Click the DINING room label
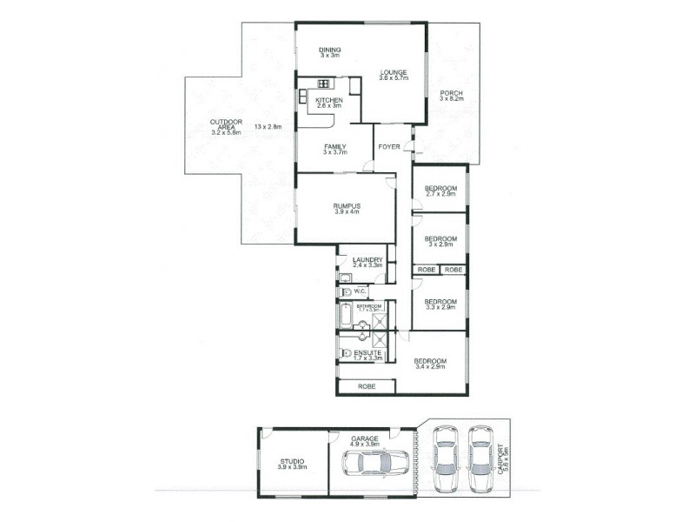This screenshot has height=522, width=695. tap(329, 50)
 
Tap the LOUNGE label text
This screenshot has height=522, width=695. tap(394, 74)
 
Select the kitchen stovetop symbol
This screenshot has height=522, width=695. tap(323, 84)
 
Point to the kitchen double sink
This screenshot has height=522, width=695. tap(354, 85)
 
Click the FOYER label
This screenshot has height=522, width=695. tap(389, 147)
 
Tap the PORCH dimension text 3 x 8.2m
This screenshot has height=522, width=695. tap(452, 100)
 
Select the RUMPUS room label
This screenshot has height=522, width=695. tap(346, 205)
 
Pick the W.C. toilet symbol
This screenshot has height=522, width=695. tap(346, 291)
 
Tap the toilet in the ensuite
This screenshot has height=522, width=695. tap(347, 353)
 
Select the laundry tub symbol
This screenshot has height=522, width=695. tap(344, 278)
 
